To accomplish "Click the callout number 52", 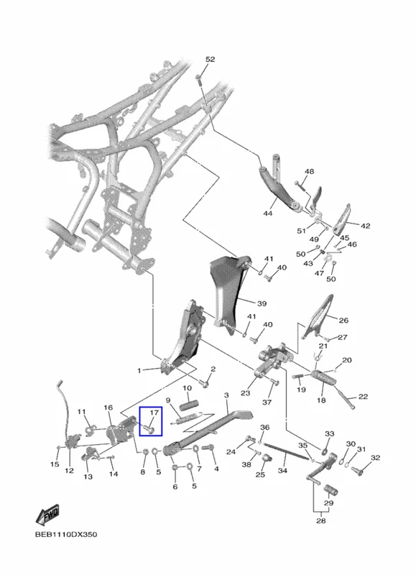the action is click(210, 60).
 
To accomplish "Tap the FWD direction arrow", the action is click(47, 515).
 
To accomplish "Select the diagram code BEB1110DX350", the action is click(66, 534).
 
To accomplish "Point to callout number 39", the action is click(262, 303).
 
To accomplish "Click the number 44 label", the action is click(268, 213).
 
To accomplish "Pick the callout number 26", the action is click(343, 320).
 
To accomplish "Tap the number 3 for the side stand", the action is click(226, 395).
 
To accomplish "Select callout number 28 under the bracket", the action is click(320, 520).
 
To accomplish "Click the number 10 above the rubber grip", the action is click(187, 388).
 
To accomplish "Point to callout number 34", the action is click(282, 471).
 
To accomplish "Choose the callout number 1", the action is click(139, 371).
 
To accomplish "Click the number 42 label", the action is click(366, 226).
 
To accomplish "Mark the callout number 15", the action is click(55, 464).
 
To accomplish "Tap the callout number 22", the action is click(363, 397).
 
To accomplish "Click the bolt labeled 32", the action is click(357, 471).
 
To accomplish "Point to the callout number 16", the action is click(108, 408).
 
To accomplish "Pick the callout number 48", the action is click(310, 171).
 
